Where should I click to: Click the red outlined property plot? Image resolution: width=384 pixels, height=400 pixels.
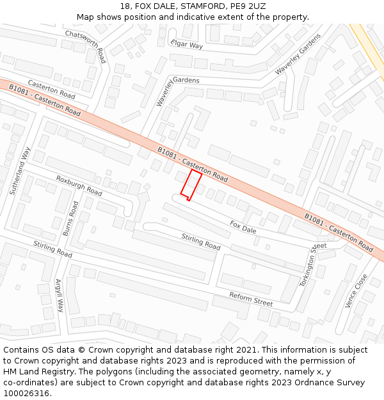tap(190, 185)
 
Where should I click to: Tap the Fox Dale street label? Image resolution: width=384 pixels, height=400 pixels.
tap(243, 226)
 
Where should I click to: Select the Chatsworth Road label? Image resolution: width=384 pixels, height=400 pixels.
tap(85, 46)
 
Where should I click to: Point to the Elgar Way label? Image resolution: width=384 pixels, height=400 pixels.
tap(186, 44)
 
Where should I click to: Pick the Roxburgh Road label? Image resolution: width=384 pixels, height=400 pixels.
tap(79, 186)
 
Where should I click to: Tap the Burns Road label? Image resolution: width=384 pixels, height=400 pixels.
tap(70, 219)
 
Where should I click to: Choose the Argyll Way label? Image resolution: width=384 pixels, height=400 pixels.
tap(60, 295)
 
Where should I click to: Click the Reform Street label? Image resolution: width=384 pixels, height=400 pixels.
tap(251, 298)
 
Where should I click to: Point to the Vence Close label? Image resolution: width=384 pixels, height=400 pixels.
tap(356, 291)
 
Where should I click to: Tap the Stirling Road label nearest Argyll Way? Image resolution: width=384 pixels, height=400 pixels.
tap(52, 249)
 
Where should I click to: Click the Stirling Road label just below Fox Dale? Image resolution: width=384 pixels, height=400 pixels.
tap(200, 242)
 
